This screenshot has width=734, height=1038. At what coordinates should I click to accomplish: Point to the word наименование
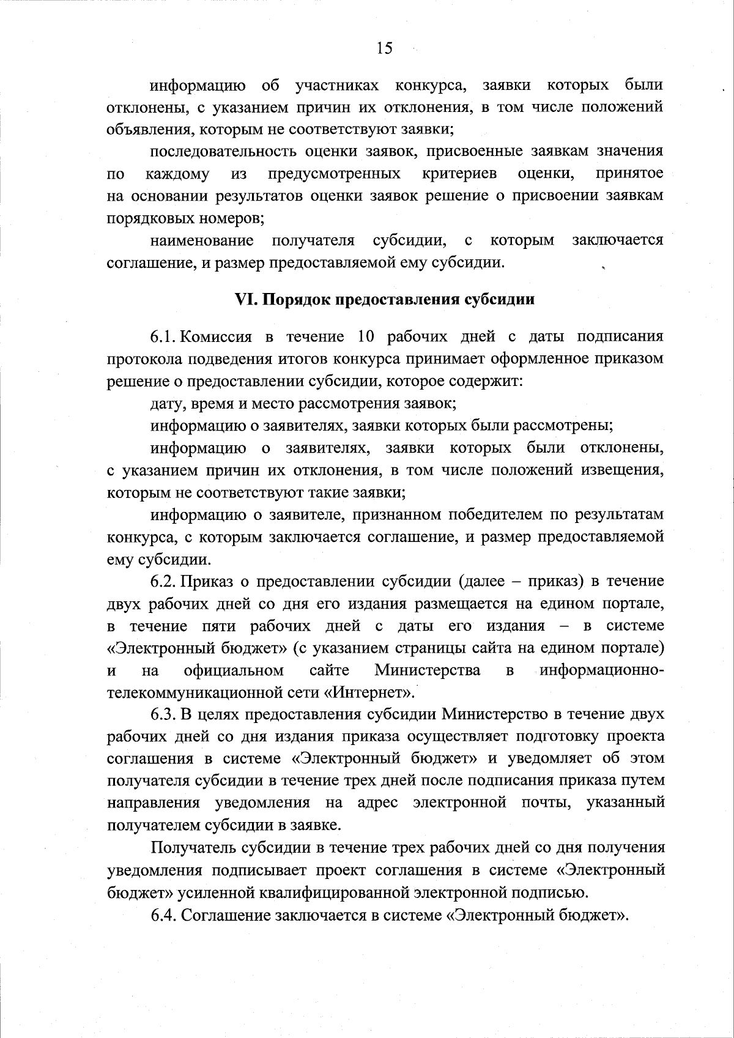pyautogui.click(x=202, y=240)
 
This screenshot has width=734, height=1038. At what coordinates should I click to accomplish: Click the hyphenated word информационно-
pyautogui.click(x=602, y=670)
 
